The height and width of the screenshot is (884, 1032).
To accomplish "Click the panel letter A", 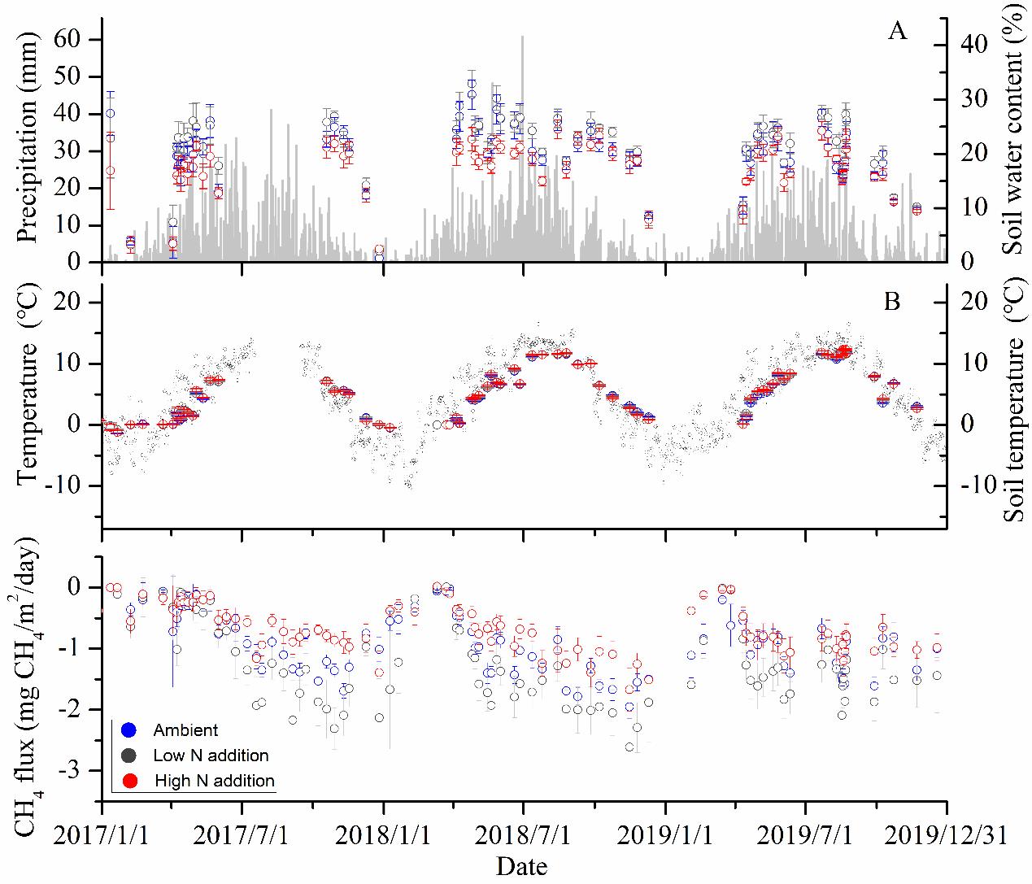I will [x=897, y=32].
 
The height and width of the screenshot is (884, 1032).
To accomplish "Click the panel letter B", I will [x=892, y=302].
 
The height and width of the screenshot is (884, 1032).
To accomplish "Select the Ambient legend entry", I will [x=185, y=730].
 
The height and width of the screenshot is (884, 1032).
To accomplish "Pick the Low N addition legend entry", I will [x=211, y=756].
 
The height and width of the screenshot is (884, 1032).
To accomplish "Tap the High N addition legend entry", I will [x=214, y=781].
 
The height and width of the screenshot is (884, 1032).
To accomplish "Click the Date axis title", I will [x=522, y=865].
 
